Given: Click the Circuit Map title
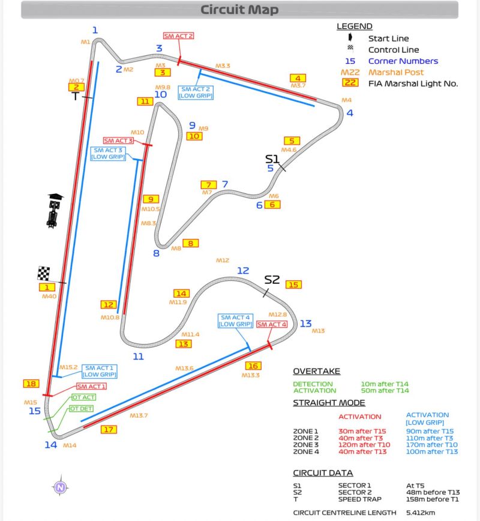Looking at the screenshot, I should (239, 10).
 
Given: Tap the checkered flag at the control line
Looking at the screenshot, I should (44, 274).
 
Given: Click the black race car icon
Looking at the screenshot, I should (54, 211).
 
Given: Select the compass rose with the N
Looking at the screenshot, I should (60, 487).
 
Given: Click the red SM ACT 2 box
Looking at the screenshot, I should (178, 36).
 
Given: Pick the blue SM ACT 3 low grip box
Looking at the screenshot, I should (107, 153).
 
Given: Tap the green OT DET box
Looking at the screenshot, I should (82, 409).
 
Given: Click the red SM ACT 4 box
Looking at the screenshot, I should (272, 325).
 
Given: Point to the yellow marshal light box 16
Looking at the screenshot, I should (253, 366).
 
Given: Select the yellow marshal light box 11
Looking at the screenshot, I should (145, 101).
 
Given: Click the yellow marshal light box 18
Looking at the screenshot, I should (31, 384).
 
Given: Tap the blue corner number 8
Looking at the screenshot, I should (156, 253).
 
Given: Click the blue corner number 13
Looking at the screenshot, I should (306, 324).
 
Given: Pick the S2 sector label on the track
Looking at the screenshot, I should (272, 279).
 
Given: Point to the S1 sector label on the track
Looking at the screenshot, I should (272, 158).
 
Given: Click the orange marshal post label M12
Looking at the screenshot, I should (223, 260).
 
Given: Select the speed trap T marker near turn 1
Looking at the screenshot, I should (76, 96).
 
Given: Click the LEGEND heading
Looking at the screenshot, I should (354, 26).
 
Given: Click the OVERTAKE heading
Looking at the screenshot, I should (316, 371).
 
